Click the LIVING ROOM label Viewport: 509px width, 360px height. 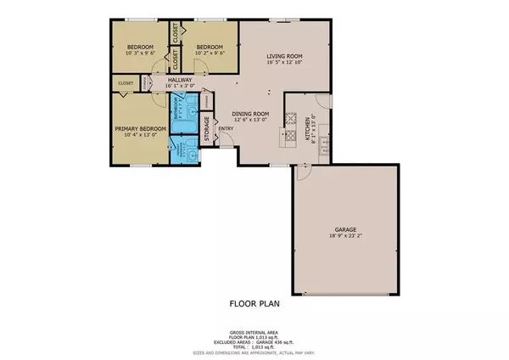[284, 56]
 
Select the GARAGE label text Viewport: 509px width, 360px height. [344, 229]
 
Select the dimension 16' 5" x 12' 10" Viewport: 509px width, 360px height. [284, 63]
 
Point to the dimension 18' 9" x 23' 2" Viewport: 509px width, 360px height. [344, 236]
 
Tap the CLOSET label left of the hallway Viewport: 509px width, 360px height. [126, 83]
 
